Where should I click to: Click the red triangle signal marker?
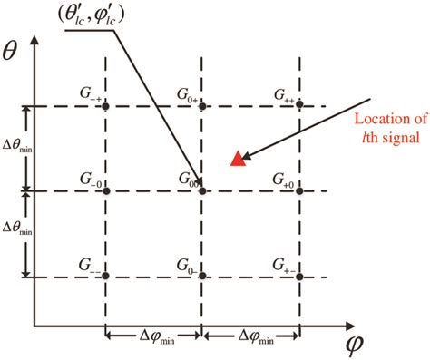click(238, 159)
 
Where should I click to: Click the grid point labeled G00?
click(201, 190)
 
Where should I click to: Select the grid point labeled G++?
click(298, 106)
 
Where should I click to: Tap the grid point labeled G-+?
click(106, 106)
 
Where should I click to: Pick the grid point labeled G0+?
click(201, 106)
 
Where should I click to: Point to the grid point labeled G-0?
click(106, 190)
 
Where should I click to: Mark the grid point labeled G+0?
click(298, 190)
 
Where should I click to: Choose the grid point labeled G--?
click(106, 275)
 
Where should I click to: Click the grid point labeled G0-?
click(201, 275)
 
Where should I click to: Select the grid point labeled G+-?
click(298, 275)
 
